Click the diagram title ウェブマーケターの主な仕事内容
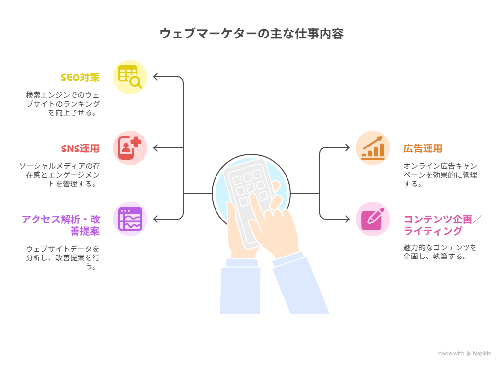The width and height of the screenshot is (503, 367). [x=251, y=34]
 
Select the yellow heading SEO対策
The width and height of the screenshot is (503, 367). [x=80, y=77]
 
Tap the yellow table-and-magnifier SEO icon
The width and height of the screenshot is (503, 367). [x=130, y=77]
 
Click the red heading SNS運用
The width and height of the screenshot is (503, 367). [x=80, y=148]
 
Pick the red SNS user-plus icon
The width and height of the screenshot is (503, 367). [x=130, y=148]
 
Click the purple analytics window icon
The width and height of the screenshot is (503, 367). [x=130, y=219]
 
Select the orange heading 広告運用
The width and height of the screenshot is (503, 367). [x=423, y=148]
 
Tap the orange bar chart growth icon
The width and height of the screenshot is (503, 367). [x=373, y=148]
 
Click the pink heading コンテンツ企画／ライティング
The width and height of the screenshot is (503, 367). [x=443, y=225]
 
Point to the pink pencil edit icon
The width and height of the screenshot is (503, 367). [x=373, y=219]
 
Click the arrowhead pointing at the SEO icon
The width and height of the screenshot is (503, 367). [x=155, y=77]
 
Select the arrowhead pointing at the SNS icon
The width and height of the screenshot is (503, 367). [x=155, y=148]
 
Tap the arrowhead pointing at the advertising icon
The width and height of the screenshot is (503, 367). [x=348, y=148]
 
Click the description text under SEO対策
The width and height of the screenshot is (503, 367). [x=63, y=104]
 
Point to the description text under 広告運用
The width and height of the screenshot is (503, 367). [x=440, y=175]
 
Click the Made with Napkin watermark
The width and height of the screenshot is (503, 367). [x=464, y=354]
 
